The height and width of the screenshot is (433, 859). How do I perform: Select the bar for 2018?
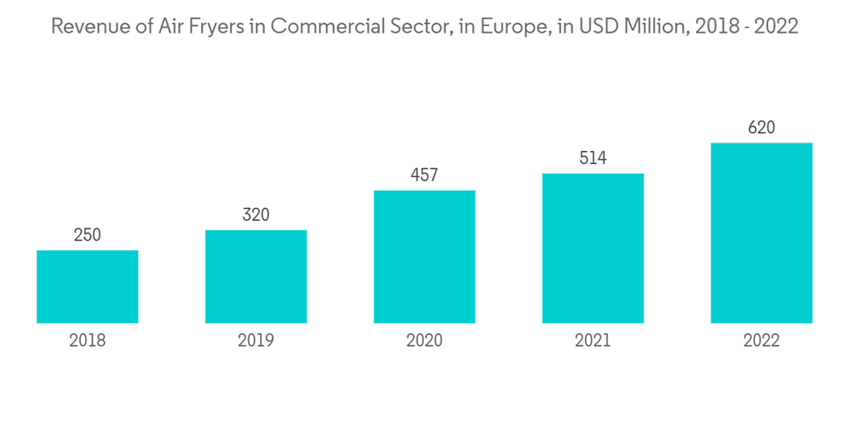click(88, 287)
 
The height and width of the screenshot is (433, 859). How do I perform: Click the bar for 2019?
click(256, 277)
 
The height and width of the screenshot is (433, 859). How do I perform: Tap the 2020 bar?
click(424, 257)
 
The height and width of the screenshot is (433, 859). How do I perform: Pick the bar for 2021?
click(593, 248)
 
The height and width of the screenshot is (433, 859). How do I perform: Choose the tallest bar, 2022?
click(761, 233)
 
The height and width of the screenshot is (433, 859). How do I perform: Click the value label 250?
click(88, 235)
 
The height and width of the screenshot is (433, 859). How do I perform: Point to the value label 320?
click(256, 215)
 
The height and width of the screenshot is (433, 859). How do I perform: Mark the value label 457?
click(424, 175)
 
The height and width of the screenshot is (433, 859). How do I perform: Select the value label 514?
click(593, 158)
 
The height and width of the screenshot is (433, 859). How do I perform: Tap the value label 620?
click(761, 128)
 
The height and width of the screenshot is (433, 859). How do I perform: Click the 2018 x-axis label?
click(88, 341)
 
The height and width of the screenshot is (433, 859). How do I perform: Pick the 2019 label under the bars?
click(256, 341)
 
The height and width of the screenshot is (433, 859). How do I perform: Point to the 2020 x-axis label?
click(424, 341)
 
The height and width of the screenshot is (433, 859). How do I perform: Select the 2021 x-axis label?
click(593, 341)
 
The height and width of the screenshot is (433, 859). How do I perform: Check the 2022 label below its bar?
click(761, 341)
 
